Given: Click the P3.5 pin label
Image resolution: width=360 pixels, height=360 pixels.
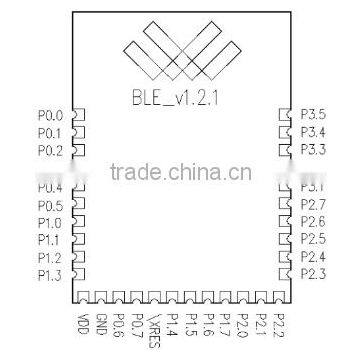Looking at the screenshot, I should [x=313, y=115].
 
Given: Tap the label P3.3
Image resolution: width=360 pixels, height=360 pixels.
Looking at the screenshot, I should [x=313, y=149].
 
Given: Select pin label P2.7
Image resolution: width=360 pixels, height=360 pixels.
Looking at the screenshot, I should [x=313, y=204].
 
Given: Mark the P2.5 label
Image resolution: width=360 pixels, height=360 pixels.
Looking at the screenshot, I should [x=313, y=239].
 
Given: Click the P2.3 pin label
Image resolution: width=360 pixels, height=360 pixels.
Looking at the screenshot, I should [x=313, y=273].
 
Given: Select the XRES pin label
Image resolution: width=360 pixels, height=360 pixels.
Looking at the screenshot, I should [x=154, y=329].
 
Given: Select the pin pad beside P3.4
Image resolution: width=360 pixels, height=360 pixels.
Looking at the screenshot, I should [x=284, y=132].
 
